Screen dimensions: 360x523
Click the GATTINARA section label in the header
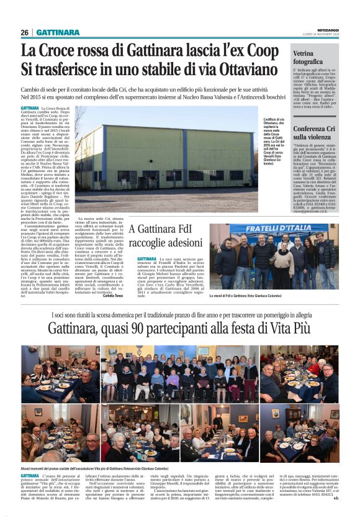click(58, 32)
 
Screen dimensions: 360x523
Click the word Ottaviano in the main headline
click(241, 69)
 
